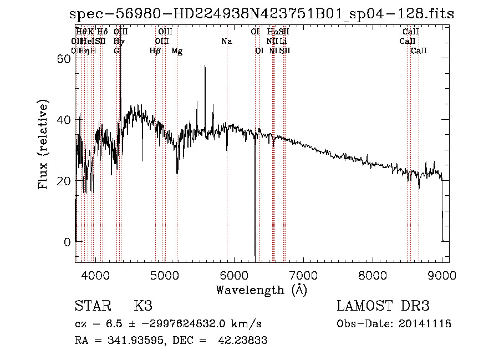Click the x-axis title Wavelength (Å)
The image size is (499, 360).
(x=261, y=289)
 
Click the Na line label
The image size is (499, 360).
(x=226, y=41)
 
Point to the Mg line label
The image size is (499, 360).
(x=177, y=51)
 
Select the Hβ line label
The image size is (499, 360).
(x=155, y=51)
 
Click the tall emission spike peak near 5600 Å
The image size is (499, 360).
(x=205, y=66)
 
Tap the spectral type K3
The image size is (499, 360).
(x=143, y=306)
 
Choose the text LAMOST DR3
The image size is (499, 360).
(x=383, y=306)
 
